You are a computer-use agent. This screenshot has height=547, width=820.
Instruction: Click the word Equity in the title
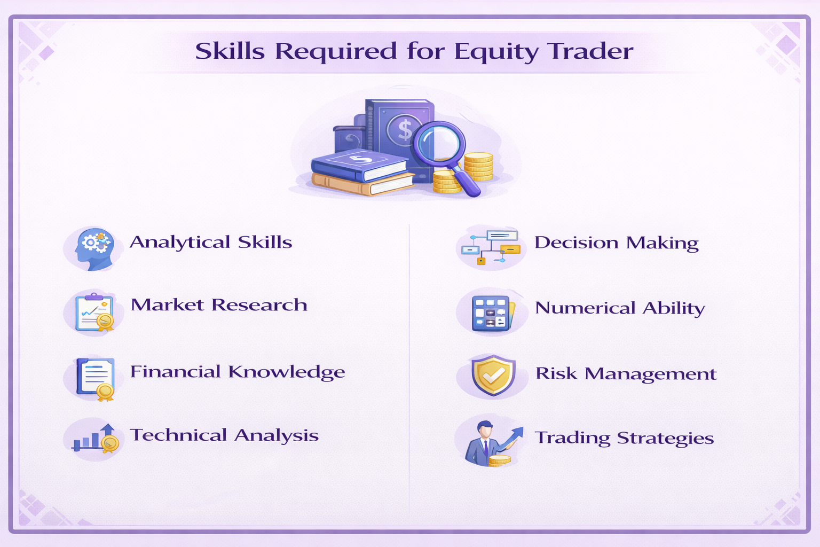coord(496,52)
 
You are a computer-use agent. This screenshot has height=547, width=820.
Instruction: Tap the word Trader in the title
coord(591,51)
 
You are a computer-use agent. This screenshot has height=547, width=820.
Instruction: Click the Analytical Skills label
coord(211,243)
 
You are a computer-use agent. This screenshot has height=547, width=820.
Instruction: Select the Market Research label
coord(219,305)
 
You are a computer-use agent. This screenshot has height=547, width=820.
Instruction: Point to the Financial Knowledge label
coord(238,372)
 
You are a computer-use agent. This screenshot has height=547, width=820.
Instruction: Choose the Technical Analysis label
coord(224,435)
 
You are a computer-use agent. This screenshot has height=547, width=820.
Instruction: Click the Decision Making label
coord(616,243)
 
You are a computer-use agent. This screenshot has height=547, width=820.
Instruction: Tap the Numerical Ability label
coord(620,308)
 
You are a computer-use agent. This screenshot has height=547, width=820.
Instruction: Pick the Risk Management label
coord(626,373)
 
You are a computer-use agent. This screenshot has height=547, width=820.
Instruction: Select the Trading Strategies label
coord(624,438)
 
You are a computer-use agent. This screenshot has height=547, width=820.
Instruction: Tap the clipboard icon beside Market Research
coord(95,312)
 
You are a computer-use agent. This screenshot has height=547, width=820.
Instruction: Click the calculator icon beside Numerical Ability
coord(492,312)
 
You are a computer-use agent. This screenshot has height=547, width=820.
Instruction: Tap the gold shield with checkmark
coord(493,376)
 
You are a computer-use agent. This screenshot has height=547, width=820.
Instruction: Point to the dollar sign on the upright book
coord(404,130)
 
